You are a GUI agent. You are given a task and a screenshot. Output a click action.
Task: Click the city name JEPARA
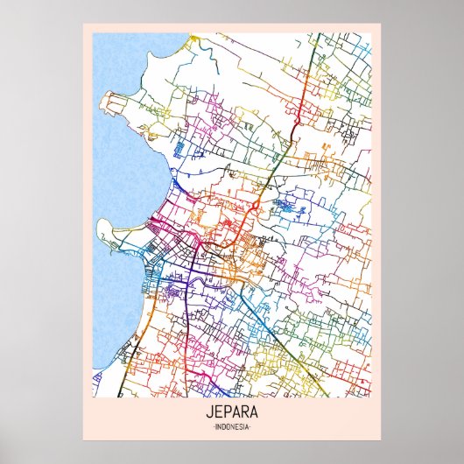(x=231, y=412)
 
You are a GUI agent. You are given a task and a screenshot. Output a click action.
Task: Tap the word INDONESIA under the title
(x=231, y=426)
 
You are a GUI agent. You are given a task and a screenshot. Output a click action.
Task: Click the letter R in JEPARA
(x=246, y=412)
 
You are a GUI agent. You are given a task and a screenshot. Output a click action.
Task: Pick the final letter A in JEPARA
(x=256, y=412)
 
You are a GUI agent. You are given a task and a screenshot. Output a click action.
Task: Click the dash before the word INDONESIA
(x=212, y=426)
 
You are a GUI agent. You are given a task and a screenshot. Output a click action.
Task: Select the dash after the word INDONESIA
(x=251, y=426)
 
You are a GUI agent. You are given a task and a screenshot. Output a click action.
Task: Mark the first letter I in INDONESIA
(x=215, y=426)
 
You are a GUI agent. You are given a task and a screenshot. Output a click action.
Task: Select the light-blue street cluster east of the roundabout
(x=285, y=207)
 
